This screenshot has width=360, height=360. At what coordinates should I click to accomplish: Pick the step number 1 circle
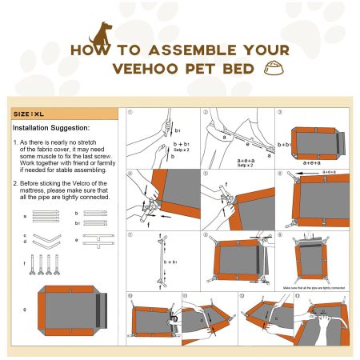click(130, 113)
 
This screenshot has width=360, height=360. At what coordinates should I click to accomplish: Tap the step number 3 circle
click(280, 113)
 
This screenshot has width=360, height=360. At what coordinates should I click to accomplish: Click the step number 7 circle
click(130, 235)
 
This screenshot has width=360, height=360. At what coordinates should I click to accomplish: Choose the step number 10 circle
click(130, 296)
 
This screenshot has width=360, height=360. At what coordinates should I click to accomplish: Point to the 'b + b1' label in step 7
click(168, 262)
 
